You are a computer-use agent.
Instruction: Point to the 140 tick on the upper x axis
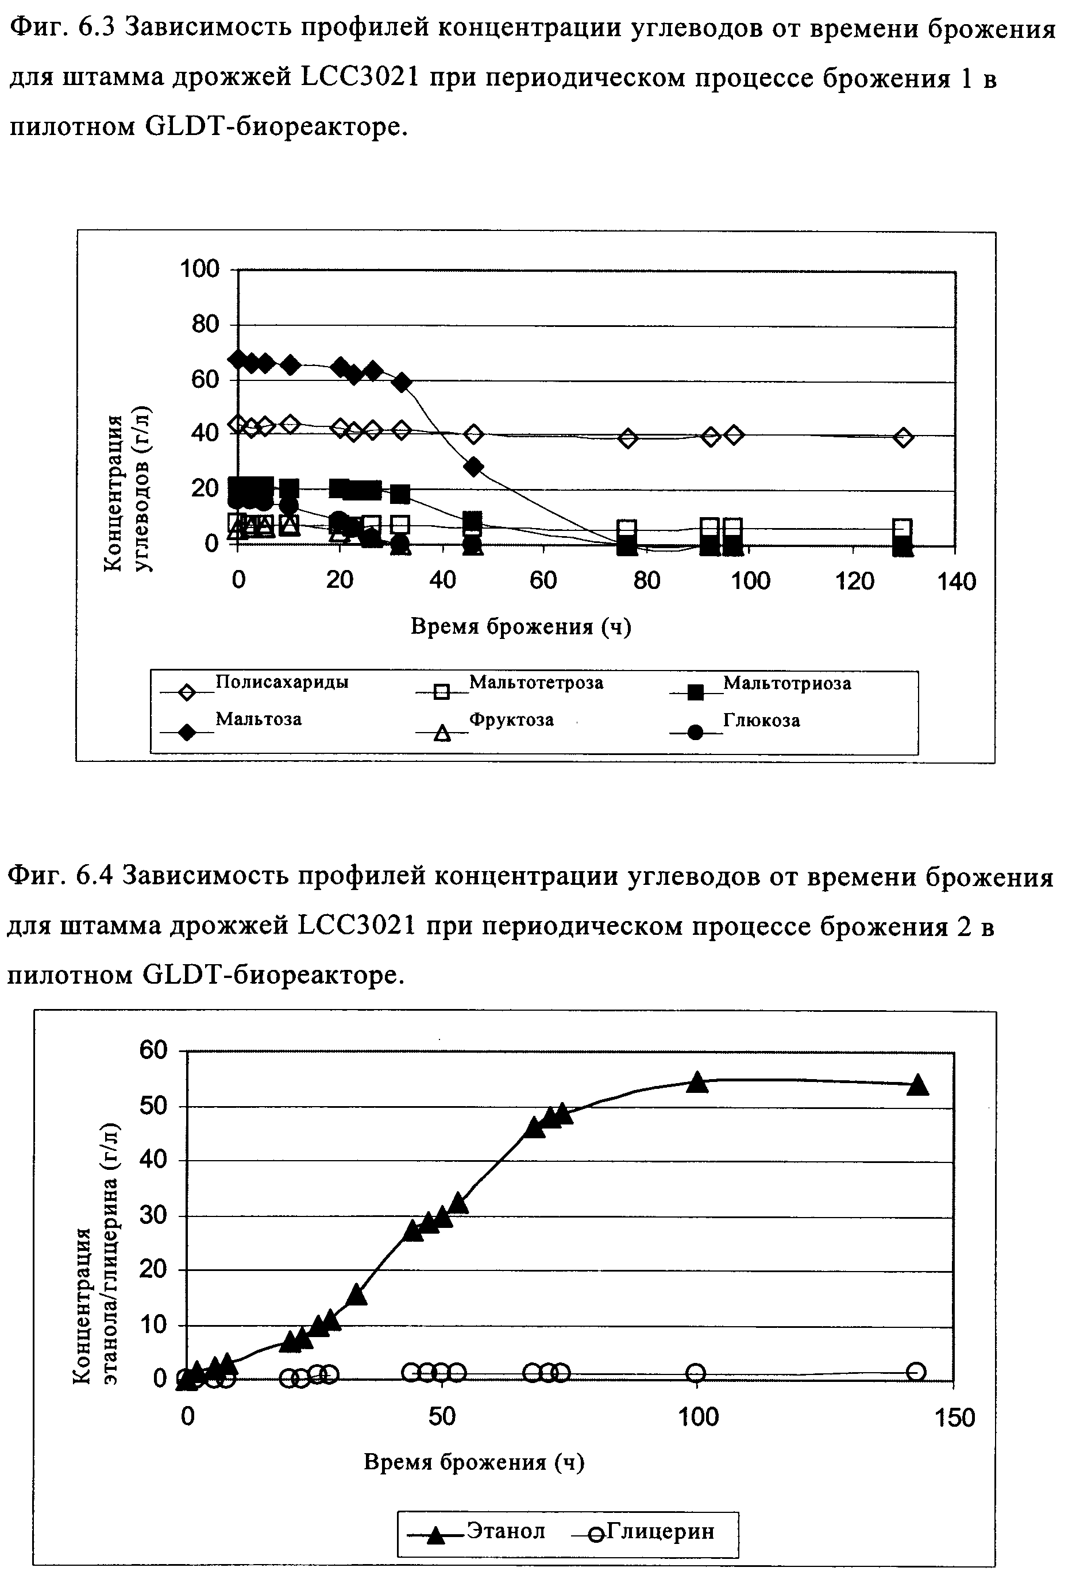(x=956, y=581)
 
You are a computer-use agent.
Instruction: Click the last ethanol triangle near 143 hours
(x=917, y=1085)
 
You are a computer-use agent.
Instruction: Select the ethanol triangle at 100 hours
(x=697, y=1083)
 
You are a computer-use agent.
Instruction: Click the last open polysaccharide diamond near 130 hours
(x=903, y=437)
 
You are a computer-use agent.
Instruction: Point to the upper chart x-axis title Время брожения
(x=521, y=627)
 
